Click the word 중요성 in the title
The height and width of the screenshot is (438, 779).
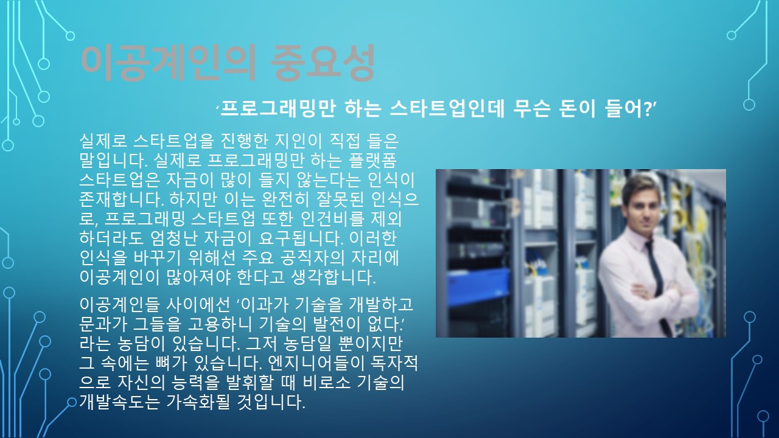click(323, 63)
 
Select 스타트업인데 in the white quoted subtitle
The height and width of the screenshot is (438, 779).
click(447, 109)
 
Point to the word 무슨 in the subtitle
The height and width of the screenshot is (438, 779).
click(532, 109)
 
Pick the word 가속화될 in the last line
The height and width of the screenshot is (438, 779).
click(198, 402)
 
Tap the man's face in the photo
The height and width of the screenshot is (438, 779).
click(643, 206)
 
